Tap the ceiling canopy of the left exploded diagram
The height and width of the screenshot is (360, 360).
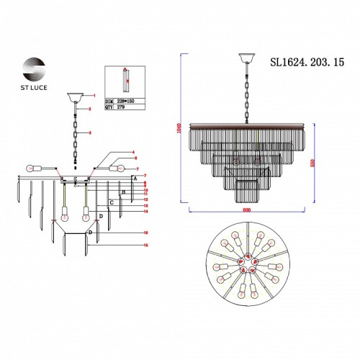click(x=74, y=96)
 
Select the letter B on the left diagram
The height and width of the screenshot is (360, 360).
click(x=123, y=192)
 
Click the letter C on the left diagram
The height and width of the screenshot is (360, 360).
click(x=112, y=203)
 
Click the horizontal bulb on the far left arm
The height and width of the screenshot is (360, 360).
click(x=32, y=168)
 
